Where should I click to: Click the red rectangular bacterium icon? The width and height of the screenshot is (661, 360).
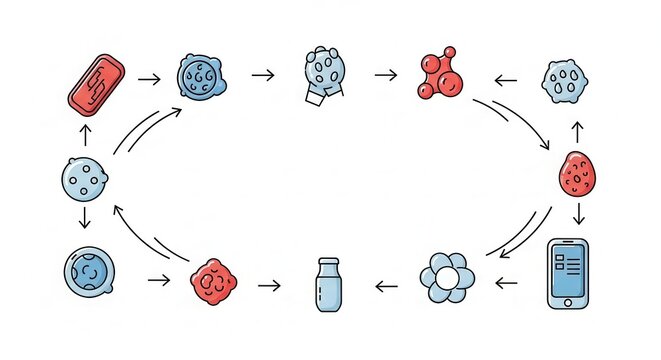click(96, 81)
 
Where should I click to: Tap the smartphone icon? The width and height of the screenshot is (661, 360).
click(568, 273)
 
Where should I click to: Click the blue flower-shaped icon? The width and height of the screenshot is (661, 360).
click(446, 277)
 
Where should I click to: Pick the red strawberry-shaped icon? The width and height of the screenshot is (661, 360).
click(577, 175)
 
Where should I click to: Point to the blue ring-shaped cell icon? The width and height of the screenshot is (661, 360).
click(88, 275)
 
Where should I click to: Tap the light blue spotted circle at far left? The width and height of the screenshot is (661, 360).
click(83, 180)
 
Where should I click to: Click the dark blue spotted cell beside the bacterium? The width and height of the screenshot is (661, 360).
click(203, 76)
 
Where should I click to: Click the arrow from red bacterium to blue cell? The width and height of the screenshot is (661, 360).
click(149, 77)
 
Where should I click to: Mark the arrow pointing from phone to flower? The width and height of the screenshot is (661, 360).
click(507, 283)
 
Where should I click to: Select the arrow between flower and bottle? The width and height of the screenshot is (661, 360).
click(387, 286)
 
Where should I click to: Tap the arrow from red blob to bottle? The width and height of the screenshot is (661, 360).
click(268, 286)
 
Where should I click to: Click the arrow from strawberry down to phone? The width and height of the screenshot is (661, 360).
click(579, 214)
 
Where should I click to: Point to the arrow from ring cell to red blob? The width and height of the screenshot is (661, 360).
click(158, 281)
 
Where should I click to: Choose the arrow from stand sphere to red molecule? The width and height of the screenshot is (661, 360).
click(385, 75)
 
